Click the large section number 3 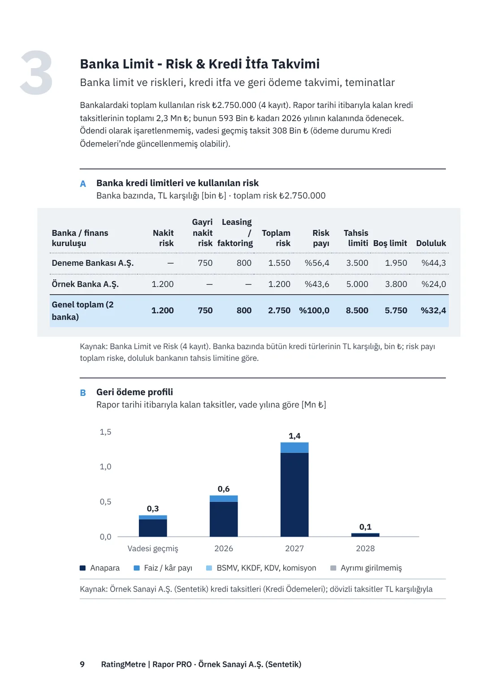click(36, 73)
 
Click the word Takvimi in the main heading click(296, 64)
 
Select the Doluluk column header click(431, 243)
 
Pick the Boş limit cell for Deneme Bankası click(396, 263)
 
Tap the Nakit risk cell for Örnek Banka click(163, 284)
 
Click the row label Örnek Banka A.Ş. click(85, 284)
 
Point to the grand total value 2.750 click(279, 311)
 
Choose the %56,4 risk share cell click(317, 263)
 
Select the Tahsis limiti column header click(356, 238)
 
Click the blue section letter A click(83, 184)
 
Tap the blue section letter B click(83, 393)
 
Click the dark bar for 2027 click(294, 495)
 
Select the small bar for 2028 click(365, 535)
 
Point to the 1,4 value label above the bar click(294, 436)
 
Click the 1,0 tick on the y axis click(105, 467)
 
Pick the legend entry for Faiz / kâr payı click(163, 568)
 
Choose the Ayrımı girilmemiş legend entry click(366, 568)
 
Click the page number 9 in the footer click(82, 664)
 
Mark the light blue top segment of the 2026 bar click(224, 499)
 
